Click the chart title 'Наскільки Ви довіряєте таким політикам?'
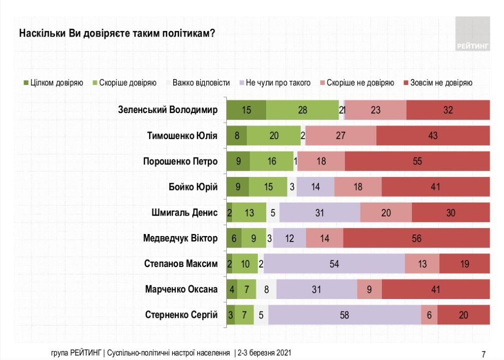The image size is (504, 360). click(x=117, y=33)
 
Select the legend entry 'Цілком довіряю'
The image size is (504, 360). click(x=53, y=82)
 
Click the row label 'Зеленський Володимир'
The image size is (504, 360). click(x=167, y=110)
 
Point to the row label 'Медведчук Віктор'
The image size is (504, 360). click(x=180, y=238)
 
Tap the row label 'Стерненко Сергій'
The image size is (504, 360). click(x=181, y=314)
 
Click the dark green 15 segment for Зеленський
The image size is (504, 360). click(x=246, y=110)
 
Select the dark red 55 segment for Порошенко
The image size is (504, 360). click(x=417, y=161)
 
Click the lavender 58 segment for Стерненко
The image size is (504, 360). click(x=345, y=314)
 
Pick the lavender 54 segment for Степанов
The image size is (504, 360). click(x=334, y=263)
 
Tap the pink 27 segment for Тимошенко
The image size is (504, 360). click(x=340, y=135)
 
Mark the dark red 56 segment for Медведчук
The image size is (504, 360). click(x=416, y=238)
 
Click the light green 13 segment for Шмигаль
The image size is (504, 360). click(x=249, y=212)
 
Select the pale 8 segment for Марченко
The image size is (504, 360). click(x=266, y=289)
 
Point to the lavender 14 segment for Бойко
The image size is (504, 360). click(x=315, y=187)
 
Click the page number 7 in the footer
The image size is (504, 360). click(x=483, y=354)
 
